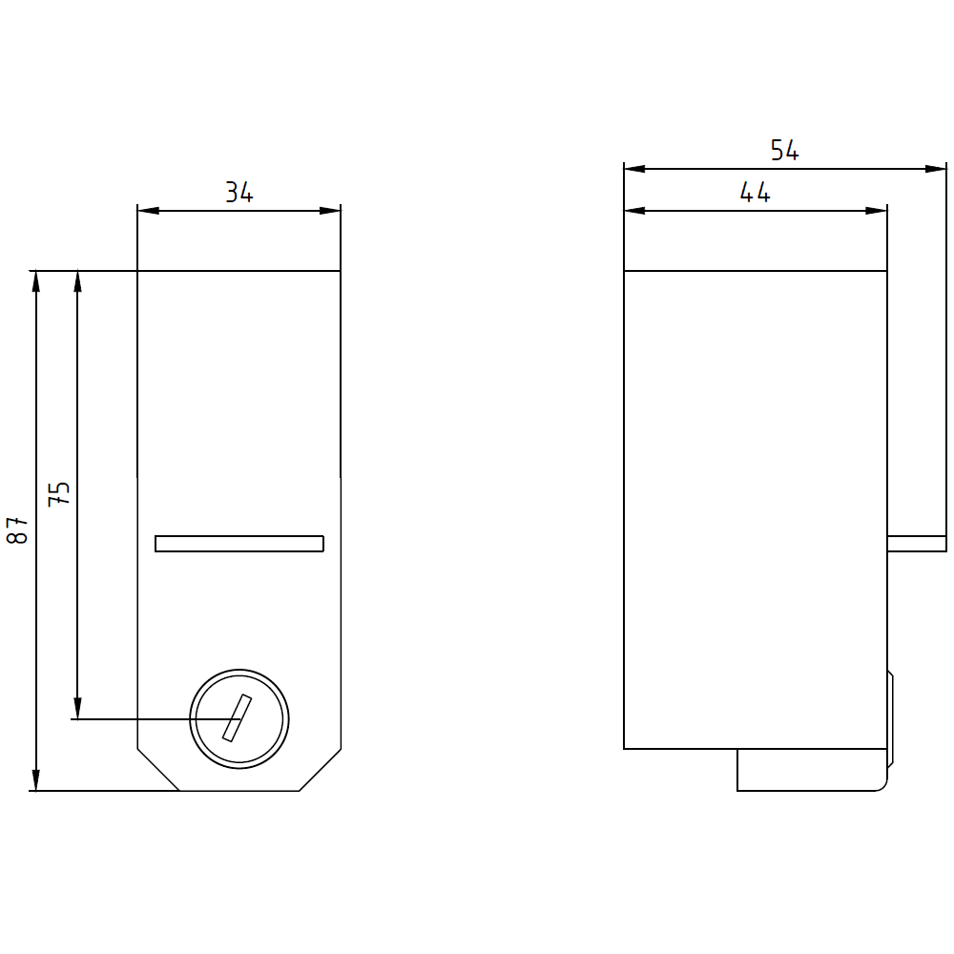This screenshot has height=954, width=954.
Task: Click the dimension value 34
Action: pos(239,193)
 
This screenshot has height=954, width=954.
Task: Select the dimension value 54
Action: pos(784,151)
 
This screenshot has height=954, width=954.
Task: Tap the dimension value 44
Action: pos(755,193)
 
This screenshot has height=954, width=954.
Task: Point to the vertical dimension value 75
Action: pos(59,494)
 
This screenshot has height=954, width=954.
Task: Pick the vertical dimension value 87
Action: pos(17,530)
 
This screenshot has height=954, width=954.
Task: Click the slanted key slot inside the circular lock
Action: pos(238,718)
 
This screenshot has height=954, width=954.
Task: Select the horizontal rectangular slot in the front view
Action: pos(239,544)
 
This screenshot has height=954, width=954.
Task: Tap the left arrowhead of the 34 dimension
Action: pos(149,211)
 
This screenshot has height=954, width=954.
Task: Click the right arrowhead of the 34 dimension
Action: pos(330,211)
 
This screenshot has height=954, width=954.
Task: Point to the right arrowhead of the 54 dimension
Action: pos(936,169)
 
